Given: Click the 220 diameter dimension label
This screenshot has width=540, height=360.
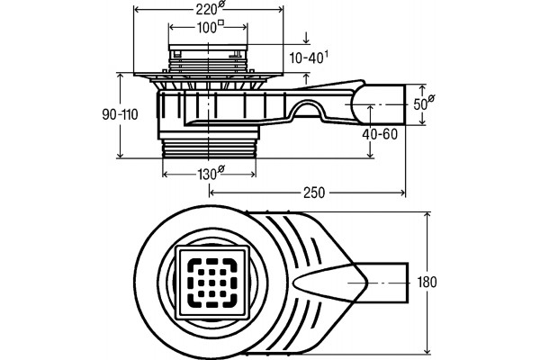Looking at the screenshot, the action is click(x=210, y=8).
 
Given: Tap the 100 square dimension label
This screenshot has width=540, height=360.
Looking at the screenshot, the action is click(x=210, y=27).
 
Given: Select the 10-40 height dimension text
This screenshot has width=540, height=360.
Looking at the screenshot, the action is click(x=308, y=58).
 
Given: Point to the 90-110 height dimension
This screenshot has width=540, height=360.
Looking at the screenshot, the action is click(x=120, y=114).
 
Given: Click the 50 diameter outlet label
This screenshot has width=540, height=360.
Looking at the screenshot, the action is click(x=423, y=103).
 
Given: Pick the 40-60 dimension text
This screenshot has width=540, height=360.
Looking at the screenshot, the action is click(x=380, y=134).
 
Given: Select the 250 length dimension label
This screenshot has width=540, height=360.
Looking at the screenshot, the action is click(x=314, y=193).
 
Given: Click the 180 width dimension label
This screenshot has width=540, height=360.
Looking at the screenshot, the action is click(x=427, y=282).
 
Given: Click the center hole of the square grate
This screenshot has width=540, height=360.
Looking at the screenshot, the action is click(x=211, y=283).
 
